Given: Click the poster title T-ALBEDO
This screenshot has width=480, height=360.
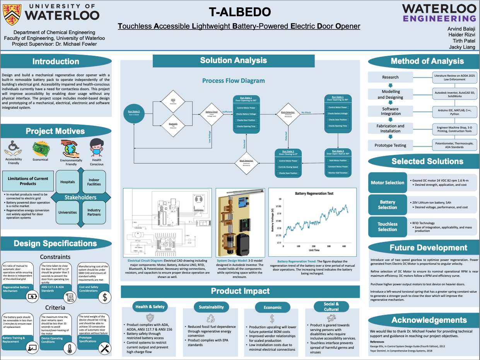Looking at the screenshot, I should click(x=240, y=12).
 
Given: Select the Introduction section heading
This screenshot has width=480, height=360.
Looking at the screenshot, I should click(x=56, y=62).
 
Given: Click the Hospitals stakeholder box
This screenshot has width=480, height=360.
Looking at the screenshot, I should click(x=67, y=182).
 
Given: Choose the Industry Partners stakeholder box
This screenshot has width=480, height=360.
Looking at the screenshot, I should click(x=94, y=213).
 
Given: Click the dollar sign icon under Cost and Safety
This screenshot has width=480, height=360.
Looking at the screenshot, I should click(x=104, y=297).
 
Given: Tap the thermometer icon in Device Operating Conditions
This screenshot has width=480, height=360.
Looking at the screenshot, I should click(x=68, y=348).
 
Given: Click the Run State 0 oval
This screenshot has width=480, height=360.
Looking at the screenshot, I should click(x=134, y=113).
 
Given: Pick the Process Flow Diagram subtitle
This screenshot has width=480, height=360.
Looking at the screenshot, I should click(x=233, y=81).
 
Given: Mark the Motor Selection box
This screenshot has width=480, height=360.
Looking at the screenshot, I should click(x=387, y=183).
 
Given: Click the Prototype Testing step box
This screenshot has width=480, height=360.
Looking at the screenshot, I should click(x=390, y=146).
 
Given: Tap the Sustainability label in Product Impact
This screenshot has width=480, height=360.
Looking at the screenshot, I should click(x=211, y=307).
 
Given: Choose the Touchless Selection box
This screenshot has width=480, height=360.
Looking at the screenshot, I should click(x=387, y=227).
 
